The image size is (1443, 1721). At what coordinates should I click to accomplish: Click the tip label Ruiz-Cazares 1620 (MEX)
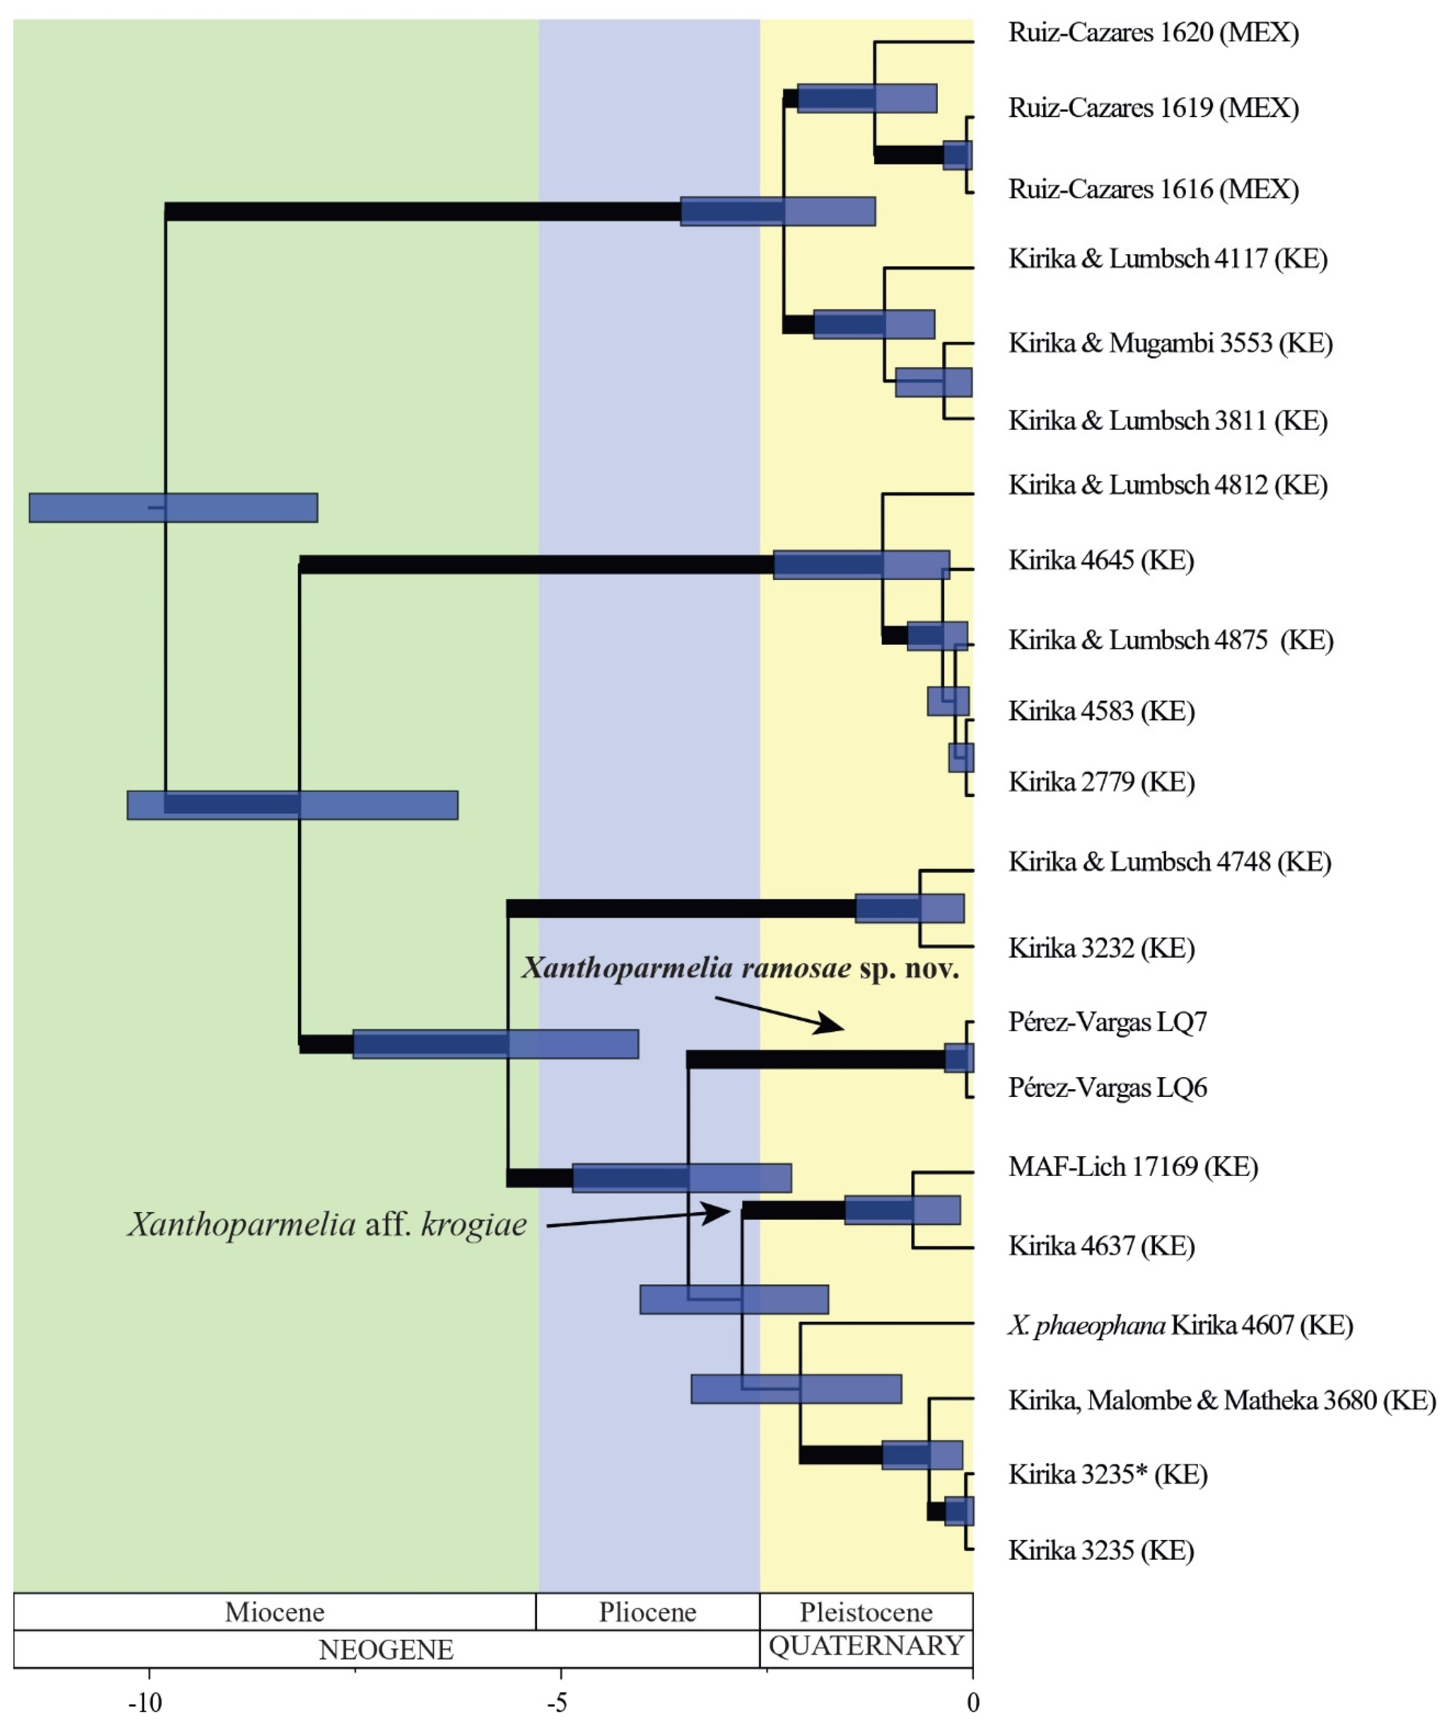pyautogui.click(x=1153, y=33)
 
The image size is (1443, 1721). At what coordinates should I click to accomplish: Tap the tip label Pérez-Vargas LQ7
pyautogui.click(x=1107, y=1022)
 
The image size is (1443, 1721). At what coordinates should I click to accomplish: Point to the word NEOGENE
pyautogui.click(x=385, y=1650)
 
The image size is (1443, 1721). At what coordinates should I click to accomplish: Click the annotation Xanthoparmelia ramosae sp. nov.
pyautogui.click(x=740, y=969)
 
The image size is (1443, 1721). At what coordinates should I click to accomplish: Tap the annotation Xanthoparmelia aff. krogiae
pyautogui.click(x=326, y=1224)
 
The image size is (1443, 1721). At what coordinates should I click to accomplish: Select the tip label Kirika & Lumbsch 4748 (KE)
pyautogui.click(x=1169, y=862)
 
